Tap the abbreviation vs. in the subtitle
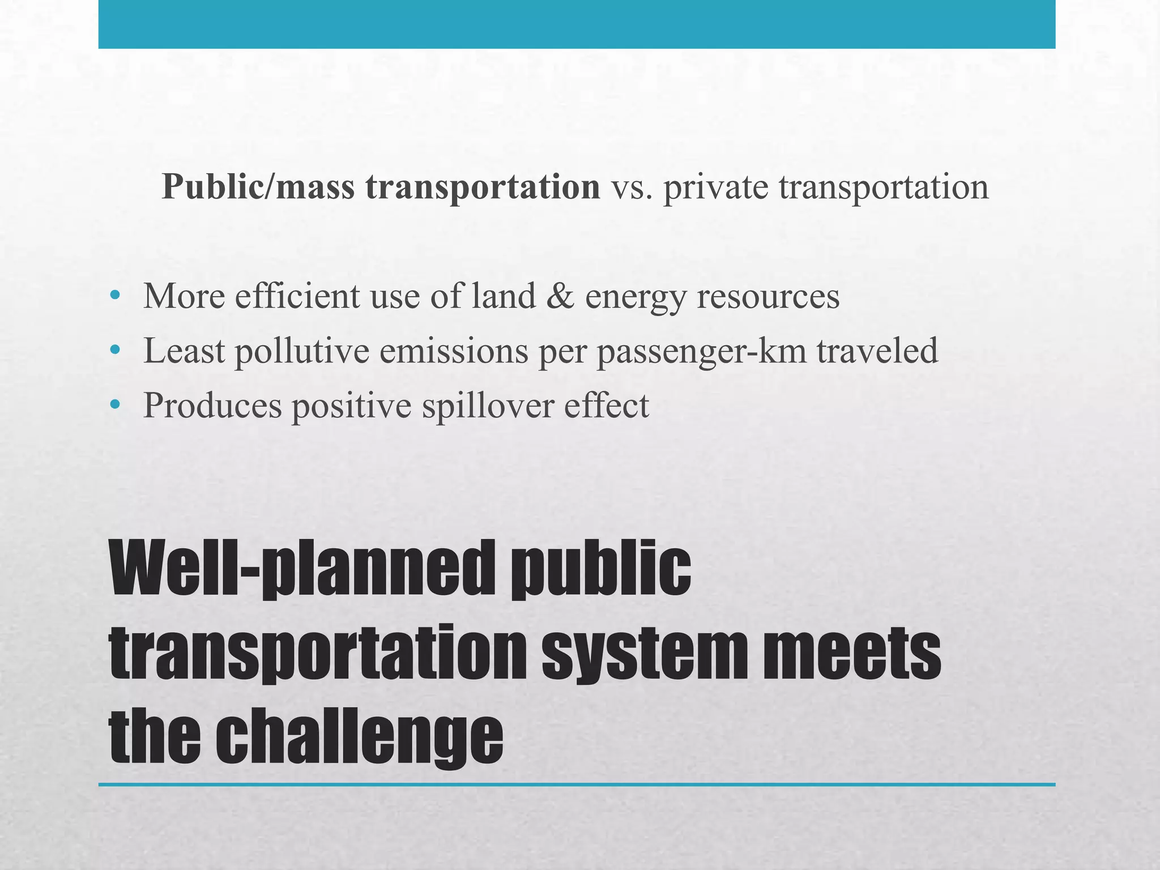632,187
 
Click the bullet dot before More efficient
116,295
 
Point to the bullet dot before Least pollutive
116,350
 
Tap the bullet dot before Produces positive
116,404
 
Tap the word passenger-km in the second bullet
701,351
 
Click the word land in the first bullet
504,296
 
